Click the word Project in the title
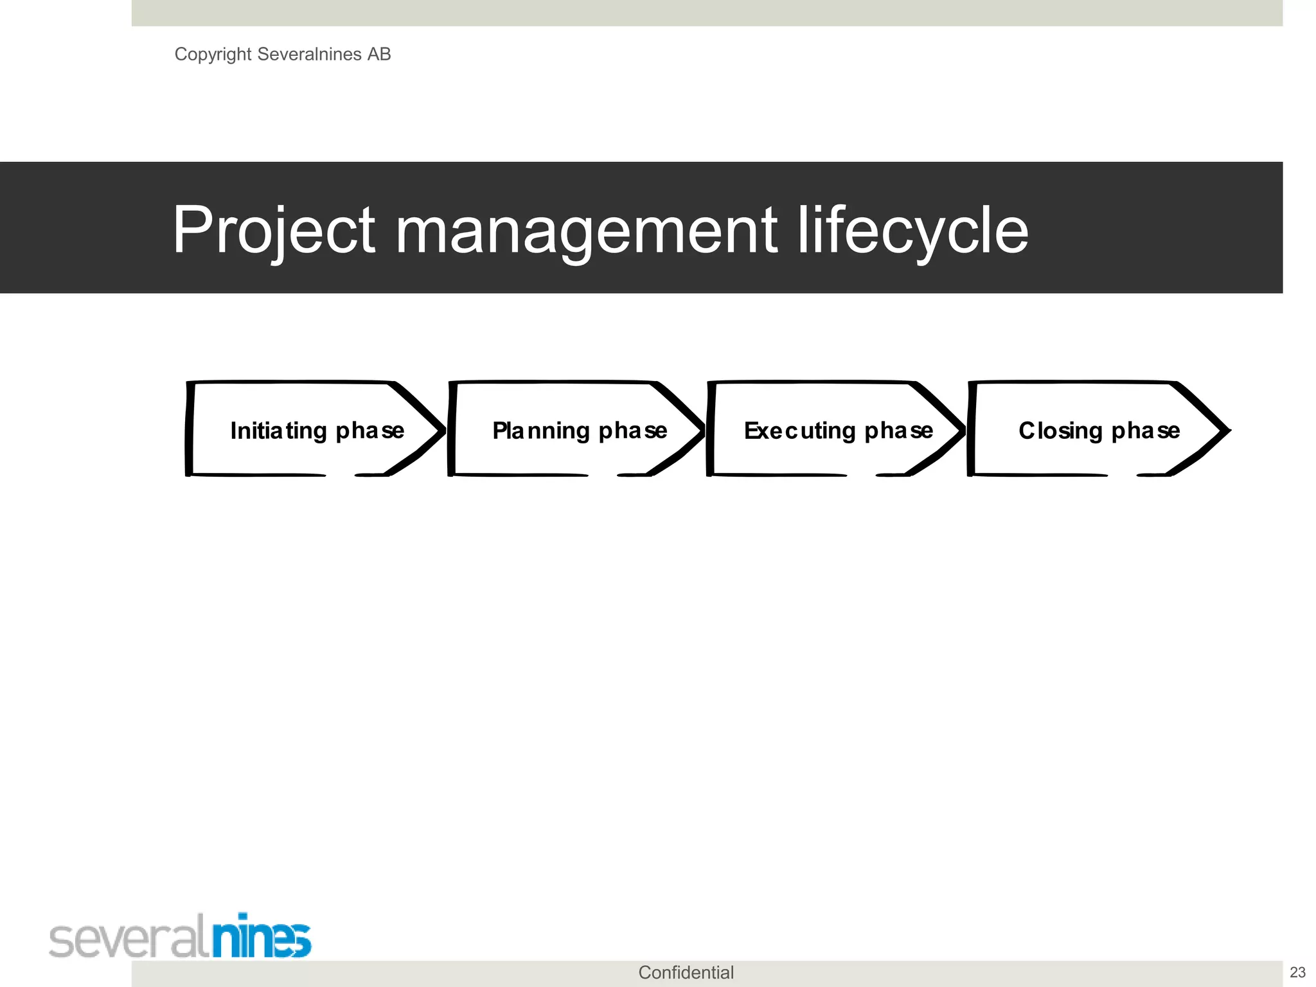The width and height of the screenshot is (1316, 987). click(x=274, y=230)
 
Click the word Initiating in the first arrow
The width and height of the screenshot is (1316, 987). click(x=279, y=431)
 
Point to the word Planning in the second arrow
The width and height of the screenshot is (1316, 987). click(x=541, y=431)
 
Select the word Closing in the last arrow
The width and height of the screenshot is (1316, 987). click(x=1060, y=431)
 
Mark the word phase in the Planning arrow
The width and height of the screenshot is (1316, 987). click(x=633, y=431)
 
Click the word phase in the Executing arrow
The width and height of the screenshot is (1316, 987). click(x=898, y=431)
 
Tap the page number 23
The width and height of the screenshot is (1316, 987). click(x=1297, y=972)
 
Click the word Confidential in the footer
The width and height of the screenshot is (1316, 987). click(x=686, y=972)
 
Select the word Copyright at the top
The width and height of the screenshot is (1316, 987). click(x=213, y=55)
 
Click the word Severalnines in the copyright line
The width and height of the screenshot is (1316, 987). click(x=309, y=54)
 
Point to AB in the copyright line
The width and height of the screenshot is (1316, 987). click(x=379, y=54)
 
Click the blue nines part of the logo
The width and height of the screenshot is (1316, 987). click(x=262, y=938)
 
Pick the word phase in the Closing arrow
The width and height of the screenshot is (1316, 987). click(x=1146, y=431)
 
